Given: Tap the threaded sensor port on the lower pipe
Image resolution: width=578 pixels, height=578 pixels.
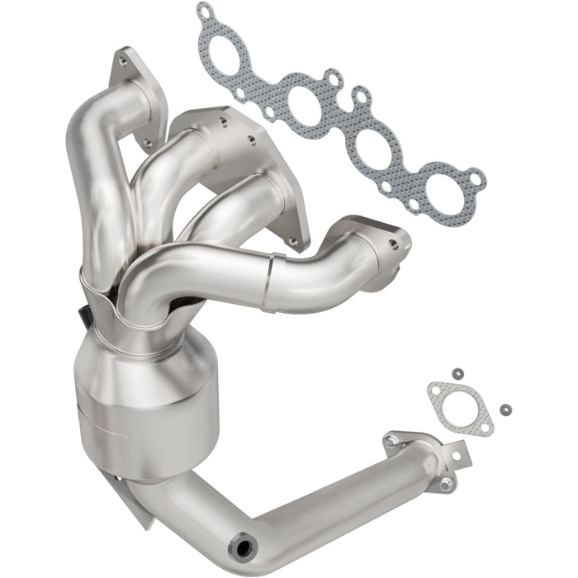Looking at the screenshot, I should point(244,547).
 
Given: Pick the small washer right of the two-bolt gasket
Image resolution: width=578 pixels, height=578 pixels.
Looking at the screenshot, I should point(505,409).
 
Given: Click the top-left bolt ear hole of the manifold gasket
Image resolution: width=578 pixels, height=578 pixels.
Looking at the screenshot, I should point(204,11).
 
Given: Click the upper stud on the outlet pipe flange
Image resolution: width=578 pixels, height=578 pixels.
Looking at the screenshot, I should point(392,438).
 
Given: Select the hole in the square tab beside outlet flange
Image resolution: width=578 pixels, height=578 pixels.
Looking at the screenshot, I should point(453,454).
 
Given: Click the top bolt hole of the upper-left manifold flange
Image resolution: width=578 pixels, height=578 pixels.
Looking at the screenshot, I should point(123,60).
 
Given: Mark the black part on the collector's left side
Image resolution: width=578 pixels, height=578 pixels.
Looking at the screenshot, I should point(84,315).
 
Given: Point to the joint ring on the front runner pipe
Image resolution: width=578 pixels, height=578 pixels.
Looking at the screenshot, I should point(271,282).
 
